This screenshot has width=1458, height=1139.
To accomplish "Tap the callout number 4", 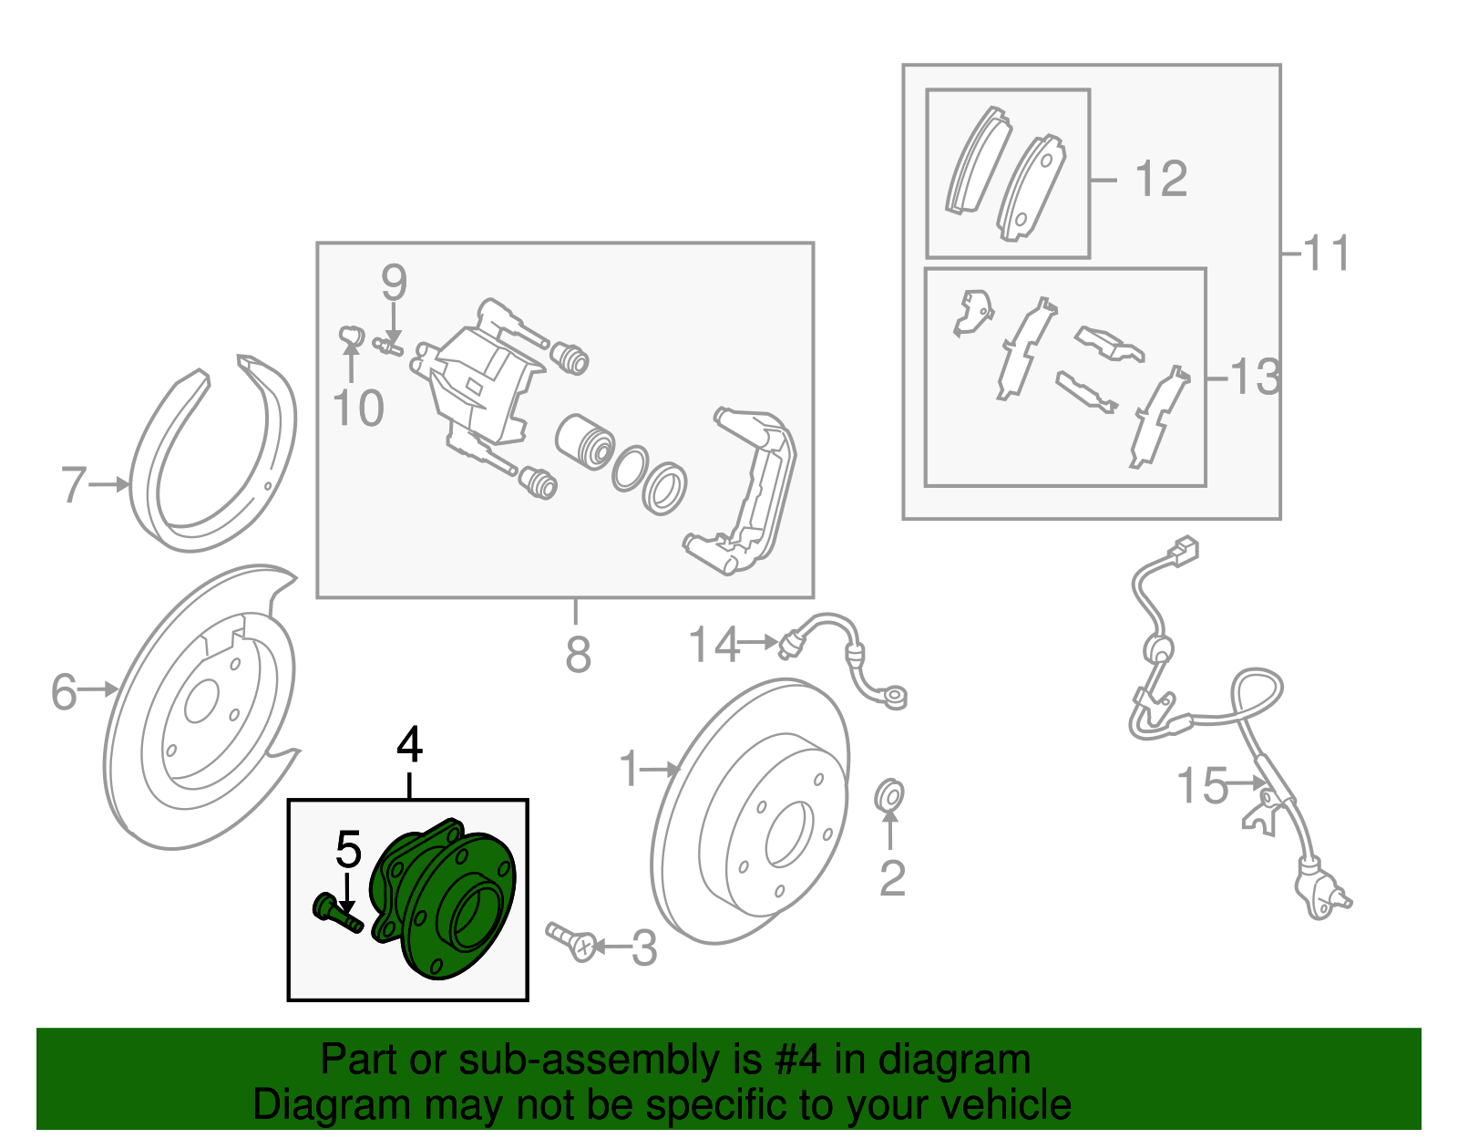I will pyautogui.click(x=410, y=745).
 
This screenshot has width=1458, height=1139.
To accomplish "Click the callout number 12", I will pyautogui.click(x=1161, y=179).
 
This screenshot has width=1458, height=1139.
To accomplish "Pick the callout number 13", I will pyautogui.click(x=1255, y=376).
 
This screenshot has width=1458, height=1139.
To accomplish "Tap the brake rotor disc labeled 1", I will pyautogui.click(x=752, y=812).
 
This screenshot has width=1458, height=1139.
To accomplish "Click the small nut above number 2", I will pyautogui.click(x=888, y=795).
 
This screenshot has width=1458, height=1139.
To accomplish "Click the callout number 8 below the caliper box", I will pyautogui.click(x=578, y=654).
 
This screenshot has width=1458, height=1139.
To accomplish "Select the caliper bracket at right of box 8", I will pyautogui.click(x=747, y=492).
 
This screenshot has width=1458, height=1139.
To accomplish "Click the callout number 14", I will pyautogui.click(x=714, y=645).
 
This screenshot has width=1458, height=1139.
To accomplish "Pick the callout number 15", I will pyautogui.click(x=1202, y=785).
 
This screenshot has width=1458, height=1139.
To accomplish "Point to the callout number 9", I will pyautogui.click(x=393, y=284).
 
